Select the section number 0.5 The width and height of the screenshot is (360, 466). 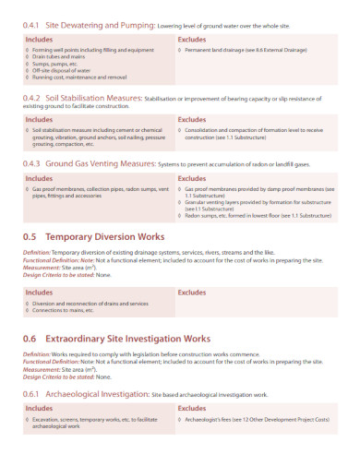point(30,236)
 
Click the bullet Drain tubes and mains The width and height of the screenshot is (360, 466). point(56,55)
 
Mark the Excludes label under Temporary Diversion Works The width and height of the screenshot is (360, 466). point(192,292)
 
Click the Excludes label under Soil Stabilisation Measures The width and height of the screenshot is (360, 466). point(192,119)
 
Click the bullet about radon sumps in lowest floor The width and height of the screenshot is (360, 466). point(258,214)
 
